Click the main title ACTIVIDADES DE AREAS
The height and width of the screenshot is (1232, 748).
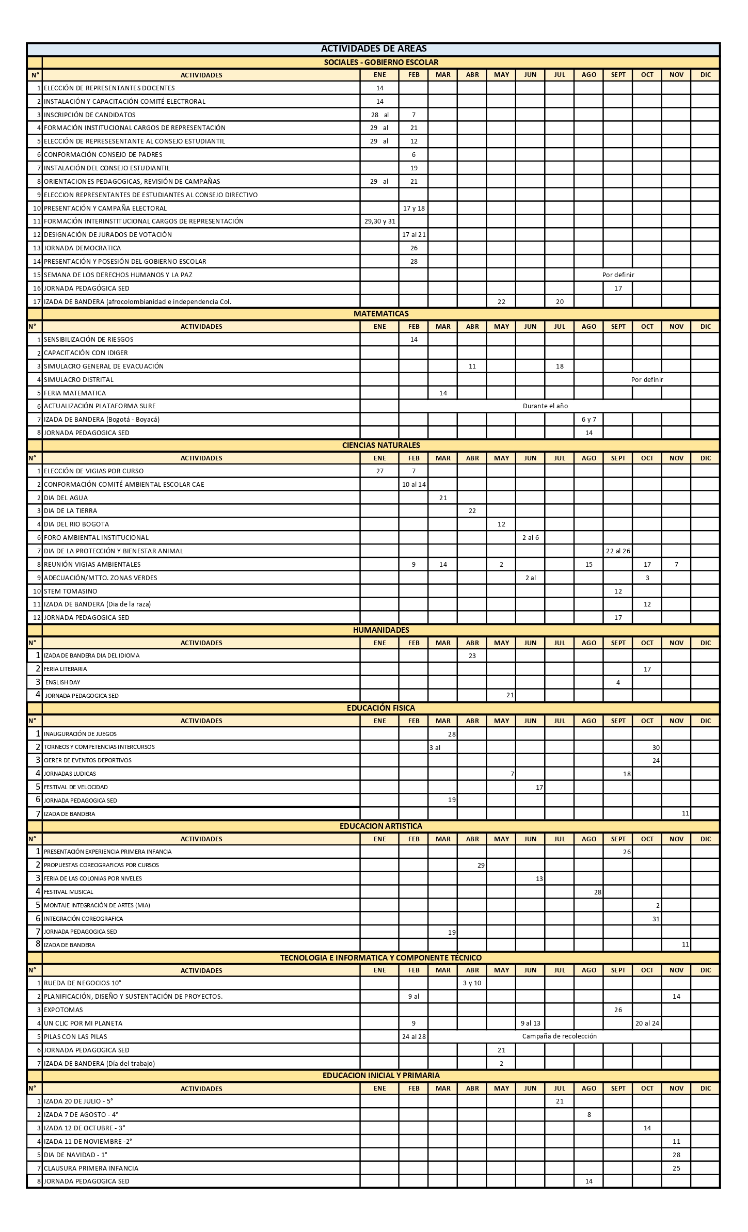click(x=374, y=49)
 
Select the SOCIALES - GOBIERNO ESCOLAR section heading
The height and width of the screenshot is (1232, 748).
click(x=381, y=62)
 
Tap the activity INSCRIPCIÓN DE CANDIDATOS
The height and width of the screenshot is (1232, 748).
click(x=90, y=115)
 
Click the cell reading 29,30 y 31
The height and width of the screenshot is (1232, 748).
click(x=380, y=221)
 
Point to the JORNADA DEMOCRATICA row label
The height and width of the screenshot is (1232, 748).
click(x=82, y=248)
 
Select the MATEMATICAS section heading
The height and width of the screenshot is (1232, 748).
click(x=381, y=314)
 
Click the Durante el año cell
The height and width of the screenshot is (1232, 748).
click(x=545, y=406)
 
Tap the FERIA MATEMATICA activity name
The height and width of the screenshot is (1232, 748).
click(x=75, y=393)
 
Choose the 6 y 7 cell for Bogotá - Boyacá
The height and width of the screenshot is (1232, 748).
click(x=588, y=420)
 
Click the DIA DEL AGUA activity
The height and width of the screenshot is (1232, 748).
click(x=66, y=498)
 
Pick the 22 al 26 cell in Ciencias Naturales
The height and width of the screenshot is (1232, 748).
click(x=618, y=551)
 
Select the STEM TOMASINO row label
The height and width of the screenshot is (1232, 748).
click(x=70, y=591)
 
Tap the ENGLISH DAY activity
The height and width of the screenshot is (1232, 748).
click(x=62, y=682)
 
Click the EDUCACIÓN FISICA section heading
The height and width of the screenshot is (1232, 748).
click(x=381, y=708)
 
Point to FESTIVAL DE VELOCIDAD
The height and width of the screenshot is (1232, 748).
click(x=76, y=787)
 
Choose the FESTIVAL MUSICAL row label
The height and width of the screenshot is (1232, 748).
click(x=69, y=892)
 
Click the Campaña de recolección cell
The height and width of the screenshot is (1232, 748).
click(x=559, y=1036)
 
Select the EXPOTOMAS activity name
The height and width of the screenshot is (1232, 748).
click(x=63, y=1010)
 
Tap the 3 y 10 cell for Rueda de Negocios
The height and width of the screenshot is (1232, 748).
click(x=472, y=983)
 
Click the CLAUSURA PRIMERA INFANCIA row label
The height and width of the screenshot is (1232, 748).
click(x=91, y=1168)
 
